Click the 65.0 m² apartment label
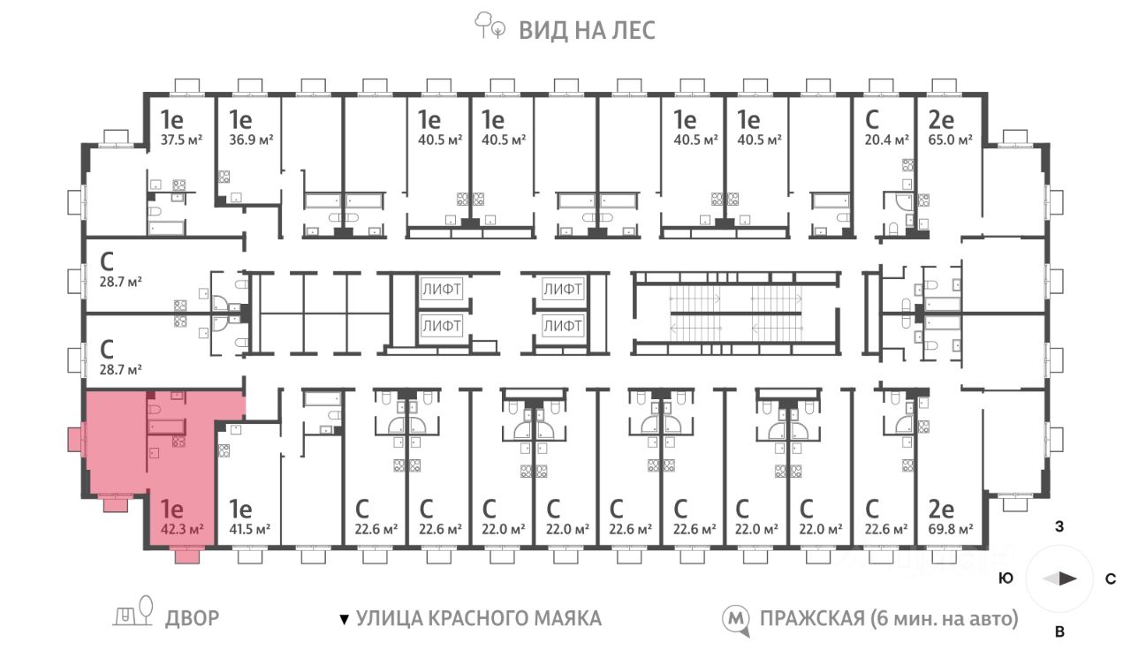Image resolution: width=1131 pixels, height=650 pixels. click(x=950, y=140)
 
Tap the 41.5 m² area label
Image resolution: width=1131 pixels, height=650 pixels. click(x=251, y=529)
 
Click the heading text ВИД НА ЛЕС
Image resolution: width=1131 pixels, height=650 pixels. click(x=587, y=30)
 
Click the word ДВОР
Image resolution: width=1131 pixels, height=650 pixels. click(x=192, y=618)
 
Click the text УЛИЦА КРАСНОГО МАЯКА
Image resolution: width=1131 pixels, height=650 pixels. click(x=478, y=618)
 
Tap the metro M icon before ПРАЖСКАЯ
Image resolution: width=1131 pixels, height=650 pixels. click(x=733, y=619)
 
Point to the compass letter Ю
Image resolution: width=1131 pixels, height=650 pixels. click(x=1006, y=579)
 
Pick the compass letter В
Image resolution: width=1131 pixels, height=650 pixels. click(x=1059, y=631)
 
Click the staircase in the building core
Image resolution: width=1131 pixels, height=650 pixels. click(x=735, y=313)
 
